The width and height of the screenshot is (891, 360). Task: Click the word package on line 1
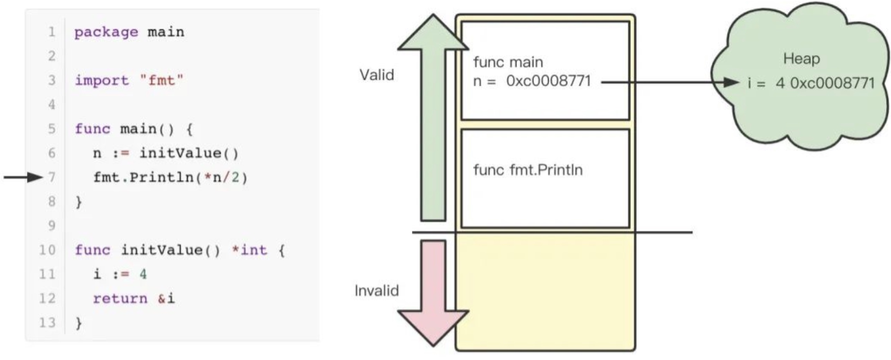(x=106, y=32)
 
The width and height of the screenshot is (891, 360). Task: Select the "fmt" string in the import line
(x=161, y=81)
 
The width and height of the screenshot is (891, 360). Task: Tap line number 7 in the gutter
(x=52, y=177)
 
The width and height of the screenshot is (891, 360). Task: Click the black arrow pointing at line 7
(x=23, y=177)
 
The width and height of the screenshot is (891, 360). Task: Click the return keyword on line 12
(x=120, y=298)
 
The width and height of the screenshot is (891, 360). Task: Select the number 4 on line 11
(x=143, y=274)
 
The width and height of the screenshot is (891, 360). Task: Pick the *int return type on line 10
(x=249, y=250)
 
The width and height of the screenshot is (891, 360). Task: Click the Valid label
(x=377, y=75)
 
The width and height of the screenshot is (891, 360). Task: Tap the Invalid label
(x=377, y=290)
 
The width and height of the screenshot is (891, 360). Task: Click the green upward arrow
(x=433, y=118)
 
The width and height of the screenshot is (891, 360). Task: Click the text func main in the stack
(x=508, y=62)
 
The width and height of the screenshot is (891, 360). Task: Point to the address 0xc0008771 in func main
(x=548, y=81)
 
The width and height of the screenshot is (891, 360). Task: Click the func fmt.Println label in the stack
(x=528, y=170)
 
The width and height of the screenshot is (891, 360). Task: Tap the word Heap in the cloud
(x=801, y=58)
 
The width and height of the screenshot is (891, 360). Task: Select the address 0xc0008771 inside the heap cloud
(x=832, y=83)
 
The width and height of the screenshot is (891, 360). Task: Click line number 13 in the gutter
(x=47, y=323)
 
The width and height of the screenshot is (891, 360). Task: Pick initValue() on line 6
(x=189, y=153)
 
